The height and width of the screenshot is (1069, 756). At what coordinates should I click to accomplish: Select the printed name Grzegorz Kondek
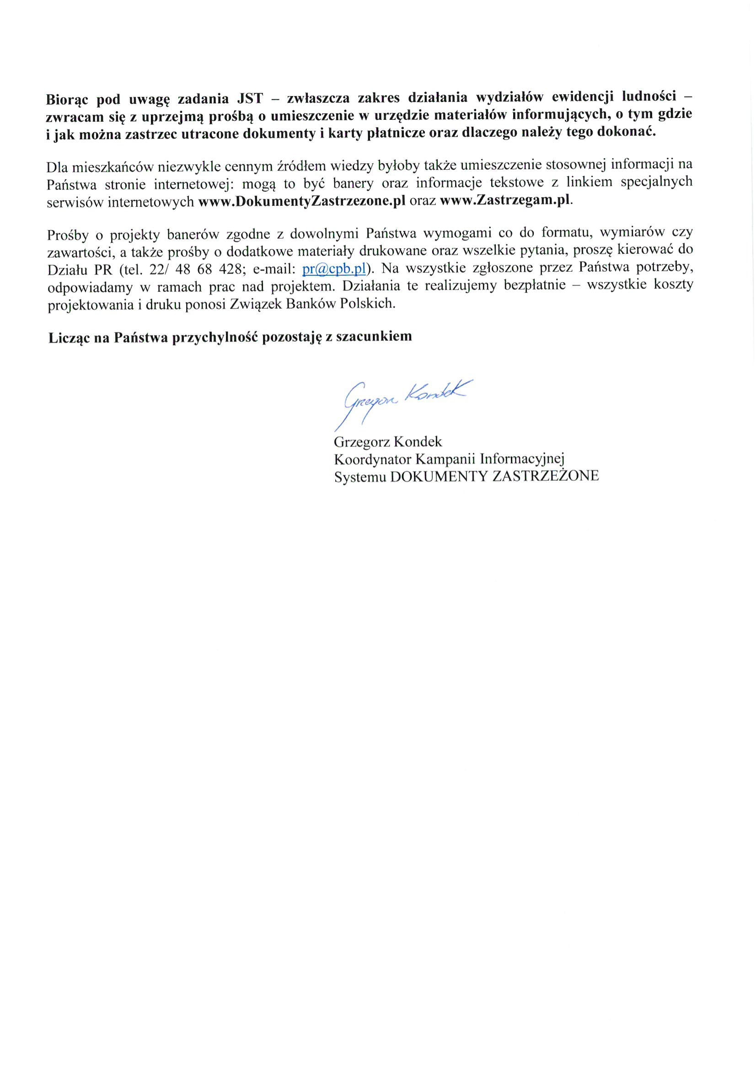pos(388,441)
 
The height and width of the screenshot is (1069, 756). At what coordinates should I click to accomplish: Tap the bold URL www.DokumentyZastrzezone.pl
pos(302,202)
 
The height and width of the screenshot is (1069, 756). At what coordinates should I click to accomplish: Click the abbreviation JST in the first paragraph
pos(250,99)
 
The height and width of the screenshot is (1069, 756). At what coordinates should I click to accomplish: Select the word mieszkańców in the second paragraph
pos(108,166)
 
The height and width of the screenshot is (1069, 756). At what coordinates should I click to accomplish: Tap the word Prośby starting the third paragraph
pos(67,235)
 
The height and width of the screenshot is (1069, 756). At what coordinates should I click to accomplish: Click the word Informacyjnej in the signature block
pos(522,460)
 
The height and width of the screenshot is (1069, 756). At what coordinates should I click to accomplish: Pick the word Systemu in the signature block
pos(359,477)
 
